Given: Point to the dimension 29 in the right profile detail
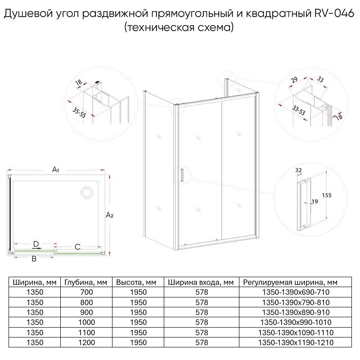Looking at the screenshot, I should [x=294, y=81].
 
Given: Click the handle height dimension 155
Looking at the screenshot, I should [x=327, y=195].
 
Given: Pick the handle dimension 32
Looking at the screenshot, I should [x=299, y=171].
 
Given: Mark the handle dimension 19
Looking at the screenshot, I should [x=314, y=202].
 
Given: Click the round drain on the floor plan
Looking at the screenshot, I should [x=86, y=193].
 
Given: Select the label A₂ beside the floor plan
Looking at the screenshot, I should [x=109, y=216].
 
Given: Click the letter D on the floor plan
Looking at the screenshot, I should [x=36, y=244].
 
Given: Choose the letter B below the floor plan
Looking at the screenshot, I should [x=33, y=259].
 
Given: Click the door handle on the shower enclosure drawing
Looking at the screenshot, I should [x=181, y=175].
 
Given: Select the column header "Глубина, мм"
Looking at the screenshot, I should [x=85, y=283].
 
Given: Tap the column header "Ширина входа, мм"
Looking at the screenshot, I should [x=201, y=283].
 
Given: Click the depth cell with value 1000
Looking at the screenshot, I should [x=85, y=323].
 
